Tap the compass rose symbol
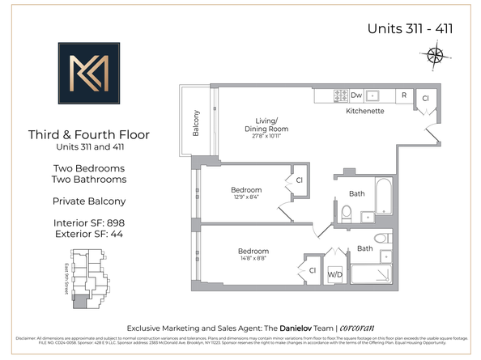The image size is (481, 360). [435, 56]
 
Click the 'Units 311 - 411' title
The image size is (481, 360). [409, 28]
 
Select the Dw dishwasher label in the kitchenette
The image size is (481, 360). [356, 95]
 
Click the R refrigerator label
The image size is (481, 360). [402, 95]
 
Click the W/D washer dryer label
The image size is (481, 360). [334, 273]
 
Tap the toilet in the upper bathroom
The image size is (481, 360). [346, 213]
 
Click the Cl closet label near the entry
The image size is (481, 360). [426, 97]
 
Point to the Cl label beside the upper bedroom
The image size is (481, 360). [299, 180]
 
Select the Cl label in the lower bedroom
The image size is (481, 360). [312, 270]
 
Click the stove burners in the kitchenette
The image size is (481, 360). [340, 95]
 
